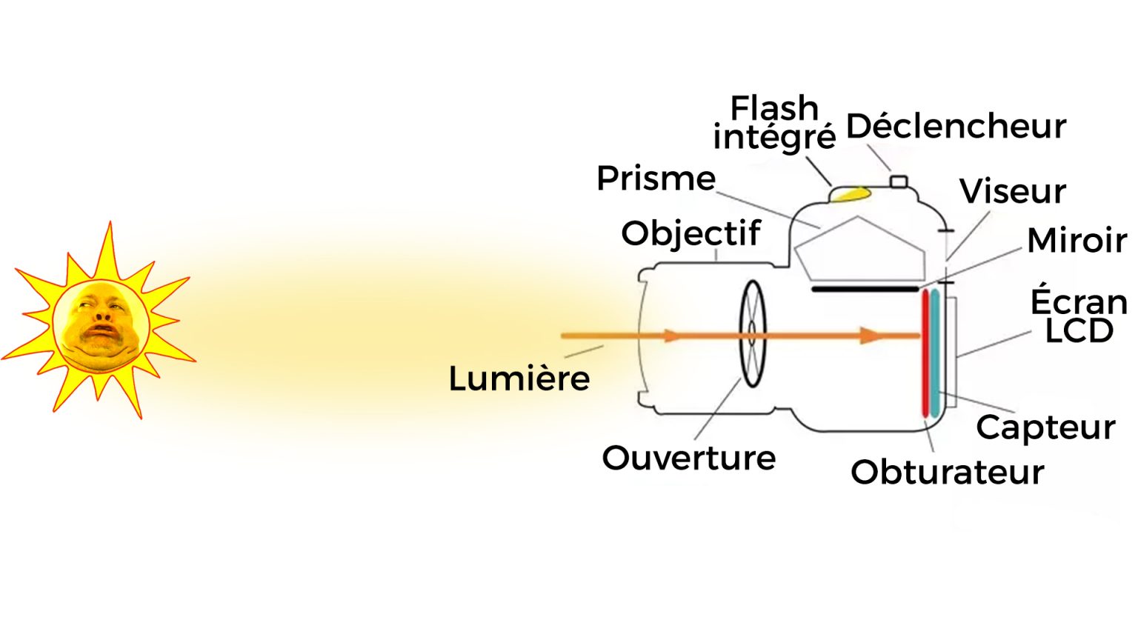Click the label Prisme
[656, 179]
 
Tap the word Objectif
[691, 234]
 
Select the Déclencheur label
[956, 127]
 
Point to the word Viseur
[1013, 192]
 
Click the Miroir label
[1077, 241]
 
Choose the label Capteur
[1045, 428]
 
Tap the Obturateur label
[947, 473]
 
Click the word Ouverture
[688, 459]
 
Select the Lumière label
[519, 379]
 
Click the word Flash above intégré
[774, 108]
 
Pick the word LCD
[1079, 331]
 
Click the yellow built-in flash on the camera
[849, 194]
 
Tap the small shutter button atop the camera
[899, 181]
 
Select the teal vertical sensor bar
[936, 348]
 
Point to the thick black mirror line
[865, 289]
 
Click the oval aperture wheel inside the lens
[753, 334]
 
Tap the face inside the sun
[102, 324]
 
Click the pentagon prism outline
[859, 248]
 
